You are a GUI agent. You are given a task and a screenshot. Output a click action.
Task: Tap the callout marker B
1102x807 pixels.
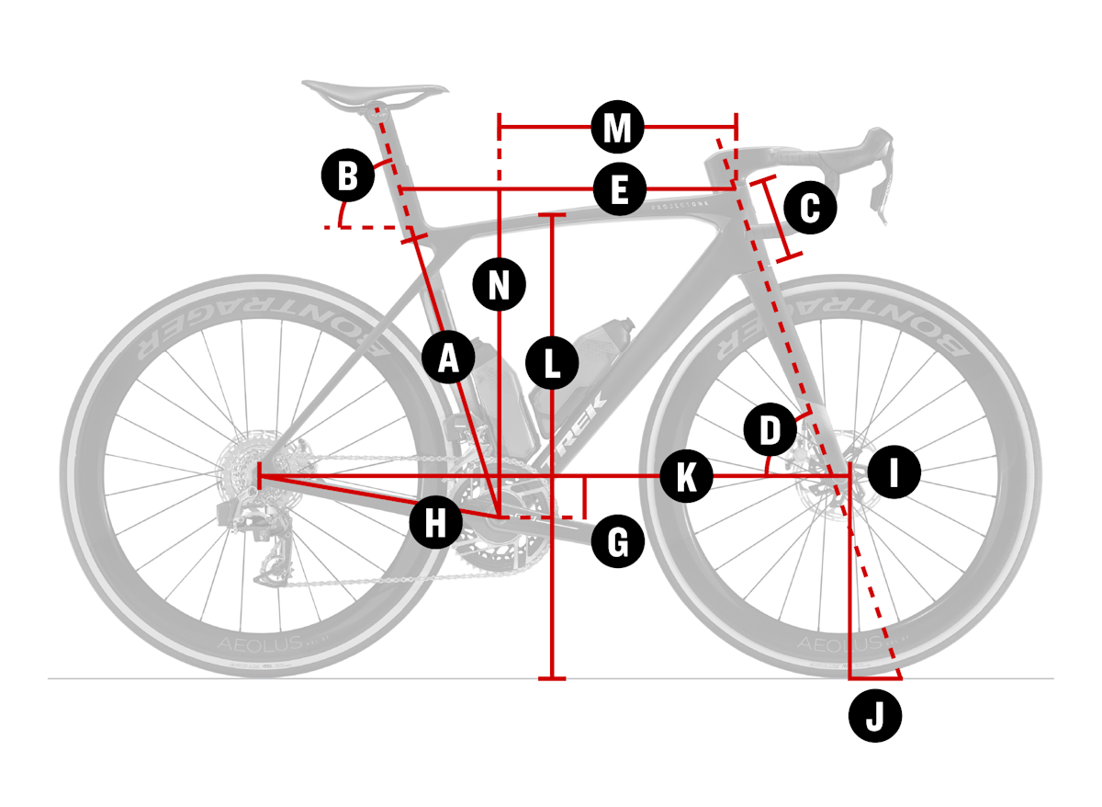pyautogui.click(x=348, y=176)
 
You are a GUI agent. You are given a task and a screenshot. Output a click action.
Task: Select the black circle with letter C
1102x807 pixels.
pyautogui.click(x=809, y=208)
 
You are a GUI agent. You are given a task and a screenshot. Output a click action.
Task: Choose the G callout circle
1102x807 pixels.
pyautogui.click(x=618, y=542)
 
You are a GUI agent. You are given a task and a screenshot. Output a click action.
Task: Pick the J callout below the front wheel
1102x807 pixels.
pyautogui.click(x=875, y=715)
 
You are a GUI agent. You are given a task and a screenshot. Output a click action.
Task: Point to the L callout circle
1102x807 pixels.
pyautogui.click(x=551, y=362)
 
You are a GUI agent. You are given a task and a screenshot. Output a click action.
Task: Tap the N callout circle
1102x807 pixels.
pyautogui.click(x=499, y=284)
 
